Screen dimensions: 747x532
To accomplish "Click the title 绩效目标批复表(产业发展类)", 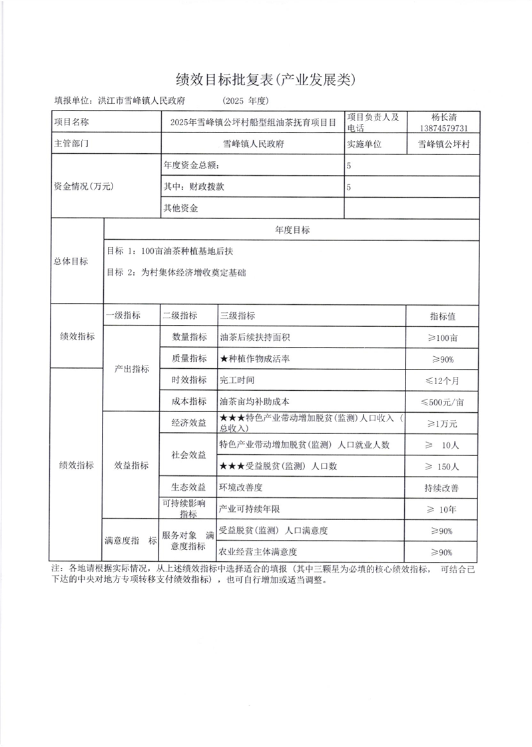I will coord(266,80).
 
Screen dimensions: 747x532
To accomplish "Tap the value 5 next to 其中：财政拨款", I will coord(349,187).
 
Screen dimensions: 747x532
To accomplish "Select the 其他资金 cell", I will coord(181,208).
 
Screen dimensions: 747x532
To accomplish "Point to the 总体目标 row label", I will coord(71,262).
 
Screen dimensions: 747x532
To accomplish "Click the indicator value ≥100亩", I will coord(443,338).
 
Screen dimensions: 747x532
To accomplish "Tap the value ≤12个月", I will coord(443,380).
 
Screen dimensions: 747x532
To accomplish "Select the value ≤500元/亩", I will coord(443,401).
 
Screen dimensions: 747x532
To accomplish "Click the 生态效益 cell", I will coord(189,487).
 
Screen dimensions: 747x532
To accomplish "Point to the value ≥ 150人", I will coord(443,465).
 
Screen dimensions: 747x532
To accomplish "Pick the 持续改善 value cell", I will coord(443,488).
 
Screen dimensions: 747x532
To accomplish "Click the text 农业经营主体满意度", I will coord(258,552).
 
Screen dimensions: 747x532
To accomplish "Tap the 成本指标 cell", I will coord(189,401).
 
